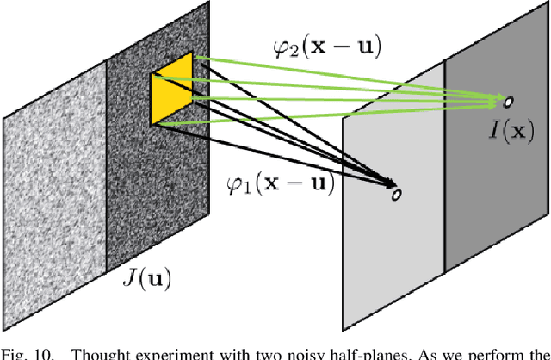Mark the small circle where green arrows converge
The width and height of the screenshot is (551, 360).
coord(508,102)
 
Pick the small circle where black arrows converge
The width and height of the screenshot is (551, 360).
coord(396,194)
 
